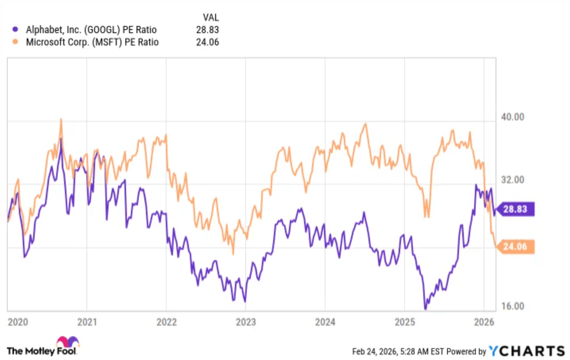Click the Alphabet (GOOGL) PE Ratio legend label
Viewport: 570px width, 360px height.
(91, 30)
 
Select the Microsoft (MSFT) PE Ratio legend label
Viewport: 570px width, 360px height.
(92, 42)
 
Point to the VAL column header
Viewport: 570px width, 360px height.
(210, 17)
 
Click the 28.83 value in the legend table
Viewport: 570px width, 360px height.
(208, 30)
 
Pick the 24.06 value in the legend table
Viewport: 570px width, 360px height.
(208, 42)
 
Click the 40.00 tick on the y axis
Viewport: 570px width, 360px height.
(513, 117)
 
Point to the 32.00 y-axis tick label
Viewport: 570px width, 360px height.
(513, 180)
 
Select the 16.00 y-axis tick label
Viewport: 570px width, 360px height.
(513, 306)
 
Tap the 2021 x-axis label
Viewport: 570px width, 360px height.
(87, 322)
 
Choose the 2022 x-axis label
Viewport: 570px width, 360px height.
(166, 322)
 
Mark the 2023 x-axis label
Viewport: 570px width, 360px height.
(246, 322)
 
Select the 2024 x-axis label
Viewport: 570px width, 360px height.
(325, 322)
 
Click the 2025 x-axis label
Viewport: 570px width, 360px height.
(404, 322)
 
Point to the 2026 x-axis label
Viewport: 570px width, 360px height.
(484, 322)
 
